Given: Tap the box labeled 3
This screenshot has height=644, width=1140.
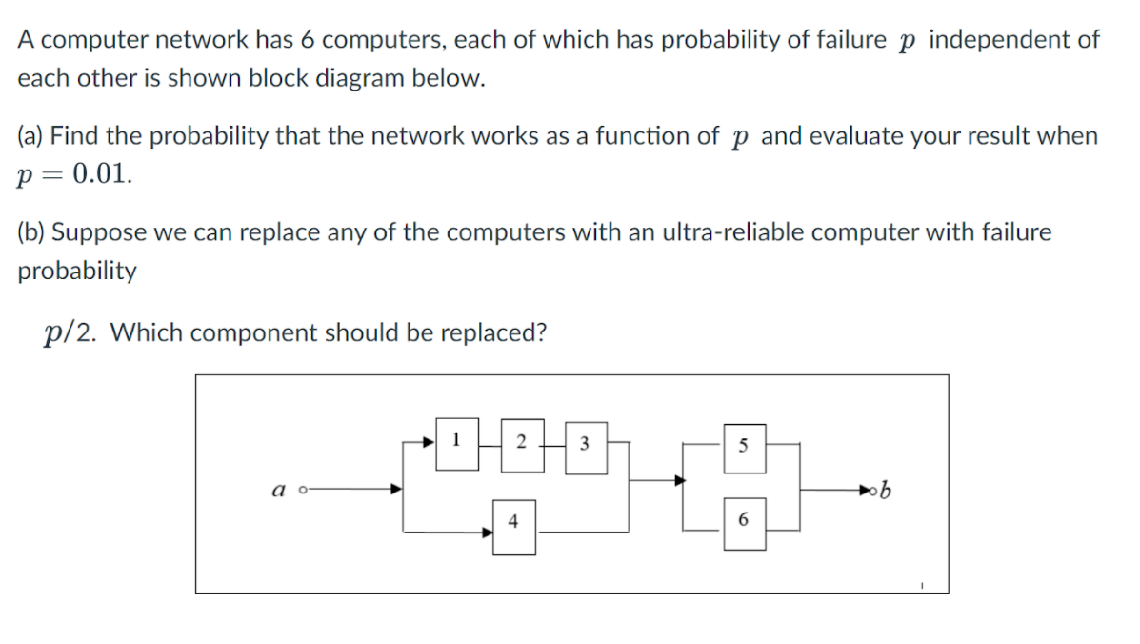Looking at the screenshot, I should (584, 443).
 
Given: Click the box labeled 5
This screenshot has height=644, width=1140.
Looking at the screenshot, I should (743, 444).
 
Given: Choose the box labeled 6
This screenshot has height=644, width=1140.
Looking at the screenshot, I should (743, 522).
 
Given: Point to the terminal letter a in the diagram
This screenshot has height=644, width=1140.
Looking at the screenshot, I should (277, 490).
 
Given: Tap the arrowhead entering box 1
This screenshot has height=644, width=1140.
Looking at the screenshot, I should (429, 442).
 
